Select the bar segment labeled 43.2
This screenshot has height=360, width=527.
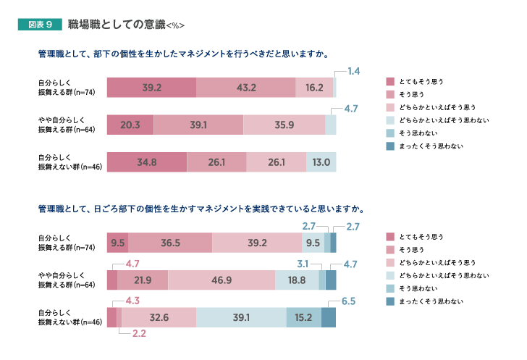(246, 87)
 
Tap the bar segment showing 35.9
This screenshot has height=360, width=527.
(284, 125)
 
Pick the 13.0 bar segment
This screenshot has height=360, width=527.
(321, 162)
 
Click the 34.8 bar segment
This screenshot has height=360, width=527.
(147, 162)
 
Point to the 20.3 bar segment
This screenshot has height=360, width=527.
(130, 125)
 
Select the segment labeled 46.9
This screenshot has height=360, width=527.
(222, 280)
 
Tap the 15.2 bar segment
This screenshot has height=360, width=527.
(303, 317)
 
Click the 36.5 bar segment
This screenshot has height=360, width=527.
(170, 243)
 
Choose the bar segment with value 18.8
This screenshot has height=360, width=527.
(297, 280)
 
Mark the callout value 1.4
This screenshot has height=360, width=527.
(353, 72)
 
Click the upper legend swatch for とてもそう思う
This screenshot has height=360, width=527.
(390, 81)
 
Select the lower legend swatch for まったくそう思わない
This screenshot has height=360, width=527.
(390, 301)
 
